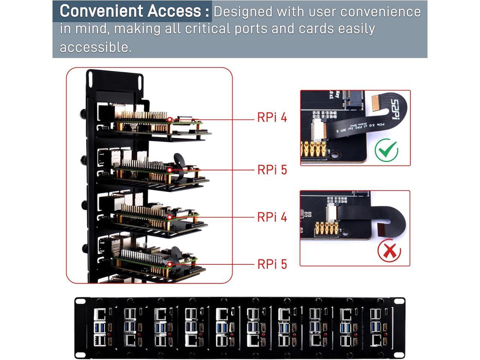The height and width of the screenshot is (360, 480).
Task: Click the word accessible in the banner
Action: [95, 47]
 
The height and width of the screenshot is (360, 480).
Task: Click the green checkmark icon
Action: [387, 150]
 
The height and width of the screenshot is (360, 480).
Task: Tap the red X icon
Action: [389, 251]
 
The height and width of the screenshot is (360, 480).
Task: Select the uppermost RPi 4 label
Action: [272, 117]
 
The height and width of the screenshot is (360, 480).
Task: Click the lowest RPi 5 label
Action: [272, 264]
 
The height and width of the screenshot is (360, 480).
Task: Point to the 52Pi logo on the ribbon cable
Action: [395, 108]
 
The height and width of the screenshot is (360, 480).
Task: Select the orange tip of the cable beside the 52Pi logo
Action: [375, 103]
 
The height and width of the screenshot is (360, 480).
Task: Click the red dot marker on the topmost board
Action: [169, 120]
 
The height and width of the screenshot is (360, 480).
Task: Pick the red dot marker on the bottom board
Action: [169, 264]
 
